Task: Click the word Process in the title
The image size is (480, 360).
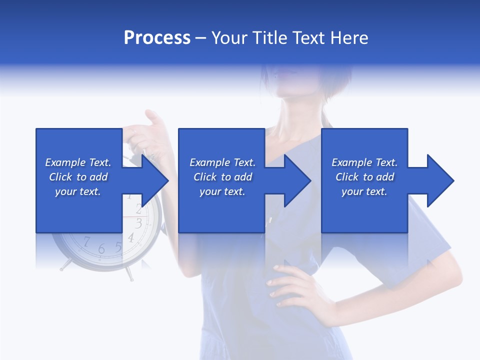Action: (157, 38)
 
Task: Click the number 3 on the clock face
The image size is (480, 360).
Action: (139, 223)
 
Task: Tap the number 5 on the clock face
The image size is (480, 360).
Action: (118, 246)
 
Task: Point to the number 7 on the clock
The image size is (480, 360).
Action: (86, 242)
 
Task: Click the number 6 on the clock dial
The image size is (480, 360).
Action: (101, 248)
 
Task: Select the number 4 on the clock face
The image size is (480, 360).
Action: (131, 237)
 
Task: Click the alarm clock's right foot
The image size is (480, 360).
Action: (130, 274)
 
